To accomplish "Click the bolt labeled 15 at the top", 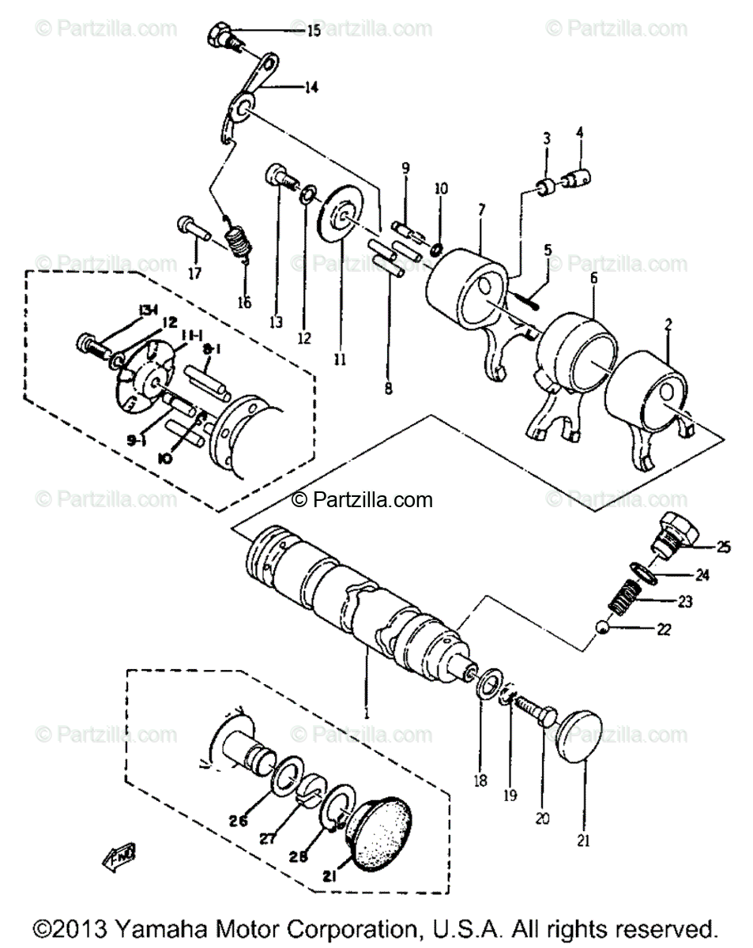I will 221,36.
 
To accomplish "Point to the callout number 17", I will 194,273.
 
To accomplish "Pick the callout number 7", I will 481,209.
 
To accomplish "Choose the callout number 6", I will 593,277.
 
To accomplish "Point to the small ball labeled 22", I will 602,627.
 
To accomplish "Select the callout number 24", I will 702,575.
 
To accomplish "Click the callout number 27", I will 268,839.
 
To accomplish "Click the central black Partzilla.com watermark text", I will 363,499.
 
